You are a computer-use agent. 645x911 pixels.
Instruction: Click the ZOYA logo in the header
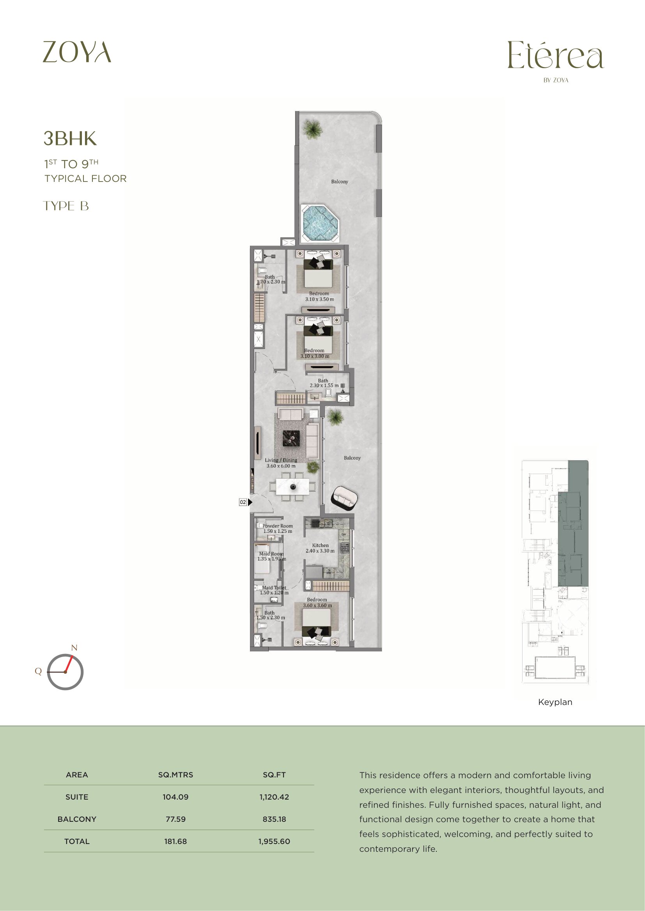pos(77,52)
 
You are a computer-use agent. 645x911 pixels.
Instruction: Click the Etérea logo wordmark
pos(556,55)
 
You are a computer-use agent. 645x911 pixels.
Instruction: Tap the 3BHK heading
pos(70,139)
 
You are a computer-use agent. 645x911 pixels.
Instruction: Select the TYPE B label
pos(66,206)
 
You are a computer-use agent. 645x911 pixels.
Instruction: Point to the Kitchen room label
pos(320,545)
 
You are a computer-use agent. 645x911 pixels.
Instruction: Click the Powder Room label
pos(278,526)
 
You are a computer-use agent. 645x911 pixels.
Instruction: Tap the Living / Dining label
pos(281,460)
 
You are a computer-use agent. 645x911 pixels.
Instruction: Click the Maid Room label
pos(271,553)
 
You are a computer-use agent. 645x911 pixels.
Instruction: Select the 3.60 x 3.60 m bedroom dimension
pos(317,606)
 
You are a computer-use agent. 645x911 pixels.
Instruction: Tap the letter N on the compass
pos(74,648)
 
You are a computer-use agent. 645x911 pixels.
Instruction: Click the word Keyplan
pos(555,702)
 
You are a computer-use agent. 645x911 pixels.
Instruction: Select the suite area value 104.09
pos(175,797)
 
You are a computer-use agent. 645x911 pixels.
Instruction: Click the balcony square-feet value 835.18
pos(274,819)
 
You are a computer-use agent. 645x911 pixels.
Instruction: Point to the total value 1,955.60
pos(274,841)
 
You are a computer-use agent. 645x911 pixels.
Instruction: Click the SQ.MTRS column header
pos(175,775)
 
